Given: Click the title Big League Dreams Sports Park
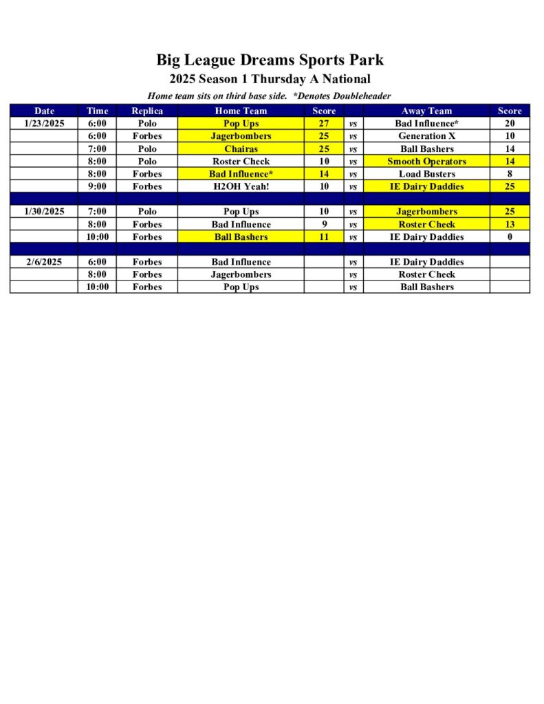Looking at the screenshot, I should point(270,60).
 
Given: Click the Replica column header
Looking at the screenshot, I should point(147,111).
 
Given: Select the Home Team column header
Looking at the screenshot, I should point(241,111).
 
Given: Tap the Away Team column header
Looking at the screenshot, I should point(426,111).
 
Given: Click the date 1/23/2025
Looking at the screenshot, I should point(44,124).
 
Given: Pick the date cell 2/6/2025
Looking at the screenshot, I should point(44,262).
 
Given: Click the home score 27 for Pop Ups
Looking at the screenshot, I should point(324,124).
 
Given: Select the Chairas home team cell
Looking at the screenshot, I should point(241,148).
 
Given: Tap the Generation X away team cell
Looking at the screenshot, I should point(426,136).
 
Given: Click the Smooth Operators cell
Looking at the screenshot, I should point(426,162).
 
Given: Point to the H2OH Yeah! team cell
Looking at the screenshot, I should point(241,186).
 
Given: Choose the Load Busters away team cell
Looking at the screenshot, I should point(426,174).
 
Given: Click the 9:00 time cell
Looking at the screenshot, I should point(97,186).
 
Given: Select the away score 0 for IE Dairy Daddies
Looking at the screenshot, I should point(510,237).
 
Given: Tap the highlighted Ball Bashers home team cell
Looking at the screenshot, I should point(241,237).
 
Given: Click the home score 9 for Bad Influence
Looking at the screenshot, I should point(324,224).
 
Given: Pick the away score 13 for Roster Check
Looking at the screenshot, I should point(510,224).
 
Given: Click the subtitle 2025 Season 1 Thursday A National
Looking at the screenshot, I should point(270,79).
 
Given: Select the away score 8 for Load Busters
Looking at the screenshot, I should point(510,174).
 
